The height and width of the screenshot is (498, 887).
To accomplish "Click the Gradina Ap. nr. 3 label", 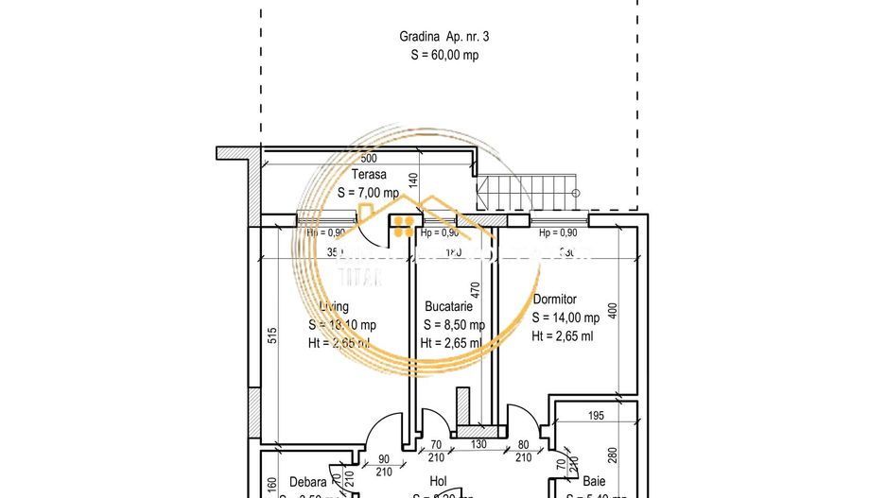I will tap(443, 37).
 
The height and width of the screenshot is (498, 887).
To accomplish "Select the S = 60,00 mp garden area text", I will tap(443, 55).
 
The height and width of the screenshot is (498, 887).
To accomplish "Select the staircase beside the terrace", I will tap(526, 192).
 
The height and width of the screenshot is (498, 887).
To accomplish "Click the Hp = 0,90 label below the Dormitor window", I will tap(558, 232).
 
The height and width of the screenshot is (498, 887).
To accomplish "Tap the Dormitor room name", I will tap(554, 300).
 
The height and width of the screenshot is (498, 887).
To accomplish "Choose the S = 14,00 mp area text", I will tap(565, 318).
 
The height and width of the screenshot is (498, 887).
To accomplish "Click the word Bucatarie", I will tap(448, 306).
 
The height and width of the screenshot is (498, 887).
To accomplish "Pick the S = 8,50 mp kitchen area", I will tap(452, 325).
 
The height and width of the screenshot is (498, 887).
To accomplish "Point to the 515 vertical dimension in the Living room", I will tap(272, 335).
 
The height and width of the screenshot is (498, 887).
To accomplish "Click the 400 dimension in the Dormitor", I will tap(612, 310).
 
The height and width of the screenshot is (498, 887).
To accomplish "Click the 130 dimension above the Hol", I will tap(479, 444).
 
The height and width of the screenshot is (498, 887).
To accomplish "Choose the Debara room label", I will tap(307, 480).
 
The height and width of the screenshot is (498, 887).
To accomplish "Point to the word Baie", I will tap(594, 480).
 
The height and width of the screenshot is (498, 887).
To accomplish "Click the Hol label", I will tap(438, 480).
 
